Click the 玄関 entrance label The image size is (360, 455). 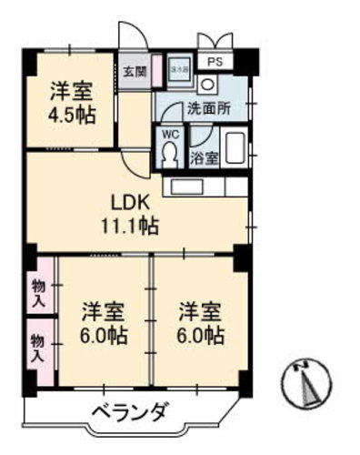click(x=135, y=71)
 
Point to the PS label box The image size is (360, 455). click(x=215, y=63)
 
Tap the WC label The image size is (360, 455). click(x=169, y=134)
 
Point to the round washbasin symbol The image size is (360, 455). click(x=208, y=83)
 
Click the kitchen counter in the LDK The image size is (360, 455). click(x=205, y=187)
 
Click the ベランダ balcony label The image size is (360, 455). click(x=130, y=413)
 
